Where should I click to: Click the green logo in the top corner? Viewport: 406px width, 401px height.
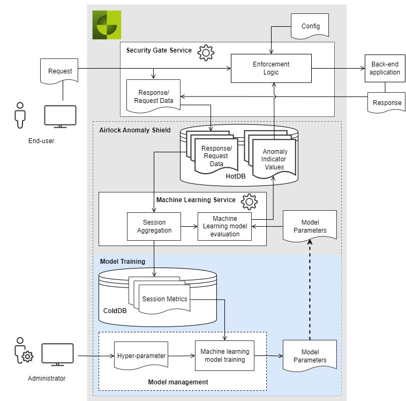click(107, 24)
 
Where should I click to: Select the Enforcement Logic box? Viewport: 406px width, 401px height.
click(271, 68)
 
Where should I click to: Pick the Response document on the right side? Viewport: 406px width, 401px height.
click(387, 102)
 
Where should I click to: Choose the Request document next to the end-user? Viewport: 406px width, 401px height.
click(60, 71)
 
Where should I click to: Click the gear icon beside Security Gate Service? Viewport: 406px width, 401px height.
click(206, 53)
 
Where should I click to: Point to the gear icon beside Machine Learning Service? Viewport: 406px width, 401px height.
click(249, 202)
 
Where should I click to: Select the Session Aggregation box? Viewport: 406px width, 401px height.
click(154, 226)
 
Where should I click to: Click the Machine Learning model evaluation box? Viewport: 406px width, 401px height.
click(225, 226)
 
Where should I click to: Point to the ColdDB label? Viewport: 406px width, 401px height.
click(115, 310)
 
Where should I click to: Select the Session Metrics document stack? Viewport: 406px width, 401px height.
click(164, 299)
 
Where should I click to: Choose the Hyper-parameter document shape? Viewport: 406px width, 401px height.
click(141, 355)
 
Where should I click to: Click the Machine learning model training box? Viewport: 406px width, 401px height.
click(225, 355)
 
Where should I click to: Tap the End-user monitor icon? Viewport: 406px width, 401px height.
click(60, 116)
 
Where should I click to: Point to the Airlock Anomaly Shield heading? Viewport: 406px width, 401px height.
click(135, 130)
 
